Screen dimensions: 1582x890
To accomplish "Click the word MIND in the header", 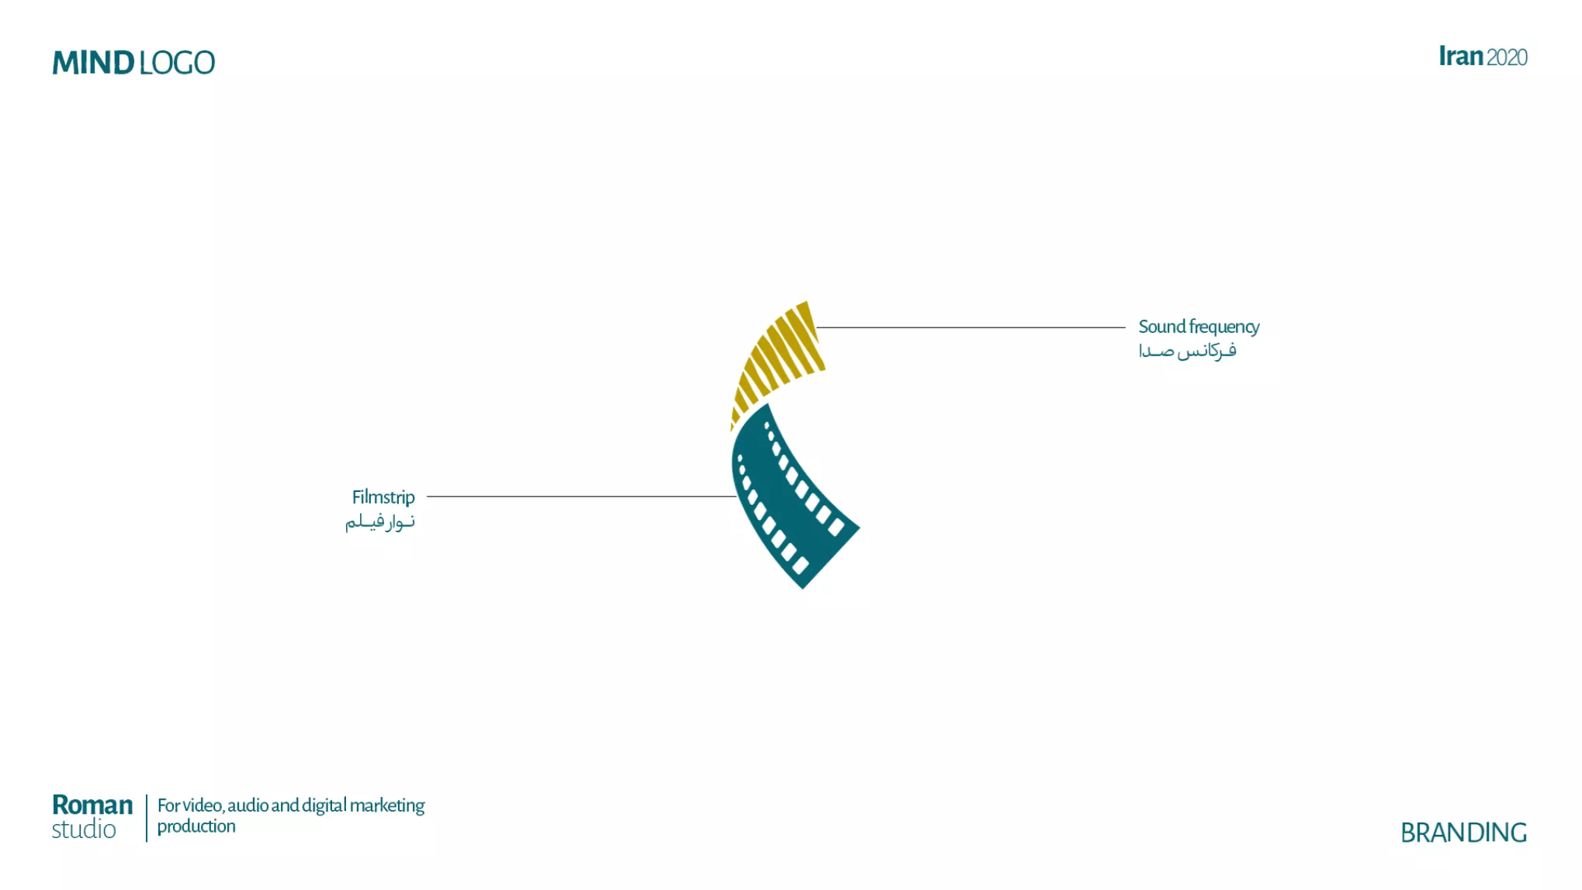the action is pyautogui.click(x=93, y=63).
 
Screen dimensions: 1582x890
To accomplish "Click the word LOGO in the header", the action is pyautogui.click(x=177, y=63).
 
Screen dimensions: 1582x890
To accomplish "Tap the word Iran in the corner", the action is pyautogui.click(x=1461, y=57).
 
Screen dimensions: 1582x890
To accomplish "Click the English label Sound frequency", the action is pyautogui.click(x=1199, y=327).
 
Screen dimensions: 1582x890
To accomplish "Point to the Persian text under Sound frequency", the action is pyautogui.click(x=1187, y=351).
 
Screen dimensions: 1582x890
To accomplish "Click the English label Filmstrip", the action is pyautogui.click(x=383, y=497).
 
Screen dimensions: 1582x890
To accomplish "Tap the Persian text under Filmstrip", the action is pyautogui.click(x=380, y=522).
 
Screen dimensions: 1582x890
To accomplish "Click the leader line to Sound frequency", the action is pyautogui.click(x=971, y=327).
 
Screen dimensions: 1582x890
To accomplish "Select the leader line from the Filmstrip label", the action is pyautogui.click(x=581, y=497).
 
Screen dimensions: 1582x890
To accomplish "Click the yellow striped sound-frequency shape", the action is pyautogui.click(x=777, y=361).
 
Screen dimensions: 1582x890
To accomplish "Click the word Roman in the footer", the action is pyautogui.click(x=92, y=805).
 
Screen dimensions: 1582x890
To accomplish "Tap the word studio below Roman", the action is pyautogui.click(x=84, y=829).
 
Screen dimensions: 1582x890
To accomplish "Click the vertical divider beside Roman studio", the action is pyautogui.click(x=147, y=818).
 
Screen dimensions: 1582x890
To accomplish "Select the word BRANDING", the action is pyautogui.click(x=1463, y=833).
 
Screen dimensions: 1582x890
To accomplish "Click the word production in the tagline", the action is pyautogui.click(x=196, y=827).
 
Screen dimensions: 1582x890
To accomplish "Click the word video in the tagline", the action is pyautogui.click(x=203, y=805).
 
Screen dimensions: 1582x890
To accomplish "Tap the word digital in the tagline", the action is pyautogui.click(x=324, y=806).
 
